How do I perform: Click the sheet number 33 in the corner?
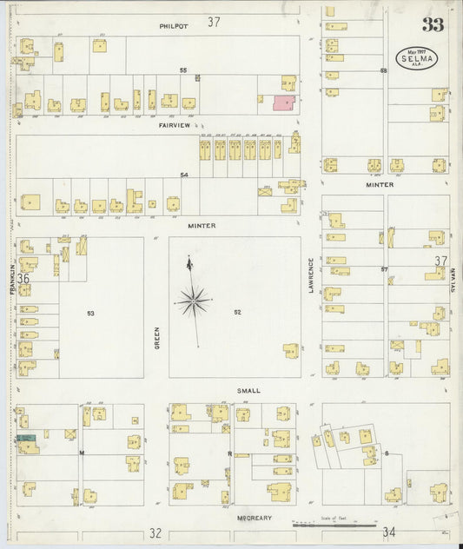432,24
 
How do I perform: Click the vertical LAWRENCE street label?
310,273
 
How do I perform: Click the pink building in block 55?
282,103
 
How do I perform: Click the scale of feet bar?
334,526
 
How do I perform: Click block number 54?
183,175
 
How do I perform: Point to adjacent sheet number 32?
155,532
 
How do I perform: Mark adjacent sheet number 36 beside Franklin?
23,279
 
